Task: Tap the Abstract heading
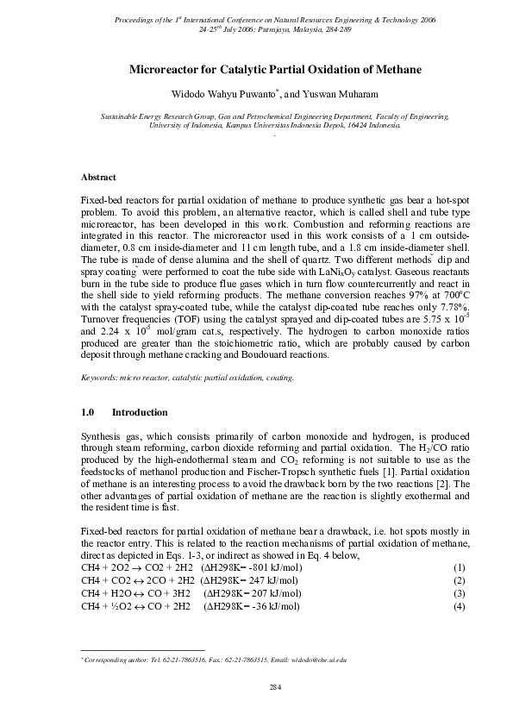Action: click(x=98, y=177)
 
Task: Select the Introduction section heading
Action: click(x=140, y=412)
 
